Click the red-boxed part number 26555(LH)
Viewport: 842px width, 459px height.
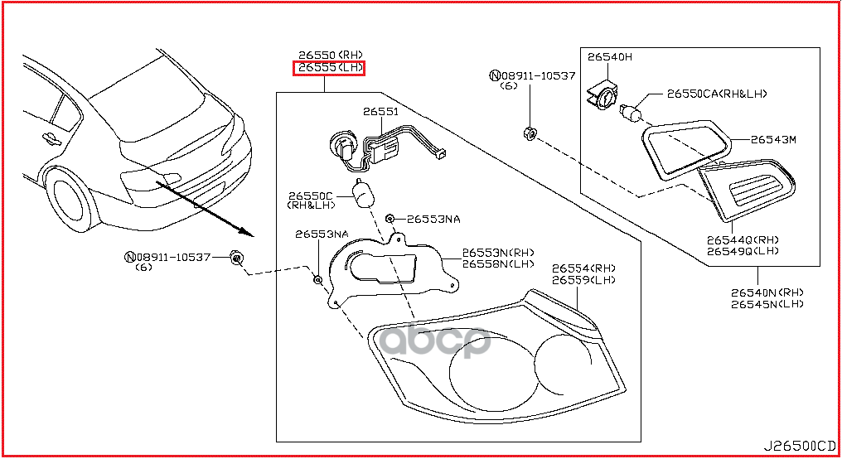pyautogui.click(x=330, y=67)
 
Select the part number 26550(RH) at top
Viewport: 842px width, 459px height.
pyautogui.click(x=330, y=54)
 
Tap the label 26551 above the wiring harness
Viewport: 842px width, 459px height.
pyautogui.click(x=380, y=111)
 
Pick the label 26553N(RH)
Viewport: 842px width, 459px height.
pyautogui.click(x=498, y=252)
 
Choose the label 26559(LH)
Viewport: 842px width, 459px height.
pyautogui.click(x=583, y=280)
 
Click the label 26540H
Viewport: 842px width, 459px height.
pyautogui.click(x=610, y=57)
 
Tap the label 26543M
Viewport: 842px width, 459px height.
pyautogui.click(x=773, y=139)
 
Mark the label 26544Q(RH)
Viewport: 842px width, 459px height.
pyautogui.click(x=743, y=239)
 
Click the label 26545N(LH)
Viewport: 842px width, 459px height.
pyautogui.click(x=767, y=304)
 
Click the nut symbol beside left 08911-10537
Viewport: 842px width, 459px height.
pyautogui.click(x=237, y=258)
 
